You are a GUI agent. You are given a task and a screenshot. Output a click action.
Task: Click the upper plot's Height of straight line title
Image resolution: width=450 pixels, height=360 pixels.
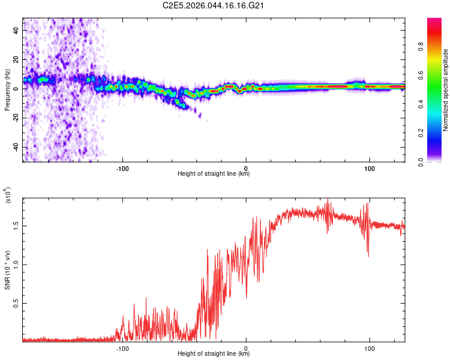214,173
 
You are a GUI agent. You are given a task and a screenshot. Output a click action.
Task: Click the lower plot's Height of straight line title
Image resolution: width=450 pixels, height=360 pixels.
214,353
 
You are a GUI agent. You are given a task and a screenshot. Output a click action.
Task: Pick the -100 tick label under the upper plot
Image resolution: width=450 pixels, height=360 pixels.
122,167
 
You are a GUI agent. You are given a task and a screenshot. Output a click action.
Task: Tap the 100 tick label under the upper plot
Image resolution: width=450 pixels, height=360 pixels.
370,167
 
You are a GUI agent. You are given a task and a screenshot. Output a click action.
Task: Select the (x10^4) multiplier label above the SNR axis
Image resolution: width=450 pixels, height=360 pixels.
7,195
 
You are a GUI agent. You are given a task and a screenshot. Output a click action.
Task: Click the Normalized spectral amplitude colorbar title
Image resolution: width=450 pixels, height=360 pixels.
445,90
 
